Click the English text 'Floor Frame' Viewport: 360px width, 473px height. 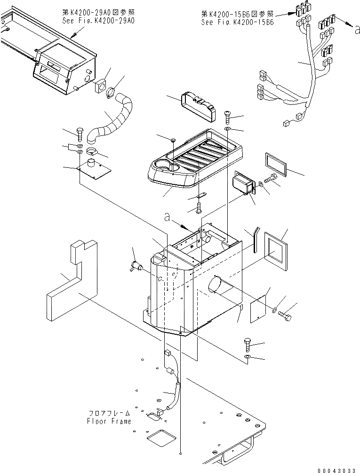click(x=109, y=421)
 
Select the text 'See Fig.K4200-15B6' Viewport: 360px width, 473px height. click(x=234, y=22)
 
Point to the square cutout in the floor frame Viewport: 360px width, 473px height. click(x=160, y=439)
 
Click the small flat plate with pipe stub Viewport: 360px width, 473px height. click(x=95, y=168)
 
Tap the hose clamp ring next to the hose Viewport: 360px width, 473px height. click(x=111, y=93)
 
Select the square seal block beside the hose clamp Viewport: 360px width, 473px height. click(x=100, y=87)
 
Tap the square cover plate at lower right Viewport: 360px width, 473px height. click(x=258, y=307)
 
